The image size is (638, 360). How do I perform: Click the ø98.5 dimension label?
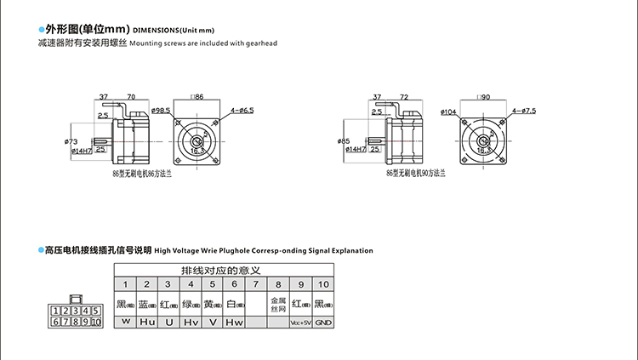[x=162, y=111]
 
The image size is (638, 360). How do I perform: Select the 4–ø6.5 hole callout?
[x=242, y=111]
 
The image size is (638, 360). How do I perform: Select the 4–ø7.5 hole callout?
[x=524, y=111]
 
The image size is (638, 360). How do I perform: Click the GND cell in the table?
[x=323, y=323]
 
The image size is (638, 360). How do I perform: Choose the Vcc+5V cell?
[x=300, y=323]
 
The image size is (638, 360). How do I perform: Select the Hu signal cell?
[x=146, y=323]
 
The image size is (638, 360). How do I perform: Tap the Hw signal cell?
[x=234, y=323]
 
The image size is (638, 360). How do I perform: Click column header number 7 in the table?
[x=256, y=283]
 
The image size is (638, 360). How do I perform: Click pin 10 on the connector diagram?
[x=95, y=322]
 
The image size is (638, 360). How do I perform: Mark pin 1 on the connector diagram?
[x=56, y=311]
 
